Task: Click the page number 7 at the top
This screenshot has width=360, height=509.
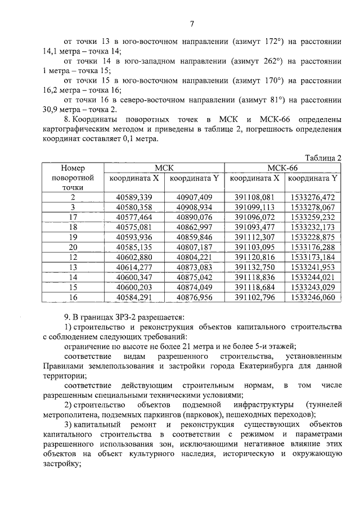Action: tap(191, 23)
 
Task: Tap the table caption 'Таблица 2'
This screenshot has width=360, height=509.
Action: tap(323, 157)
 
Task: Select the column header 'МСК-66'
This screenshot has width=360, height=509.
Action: tap(283, 168)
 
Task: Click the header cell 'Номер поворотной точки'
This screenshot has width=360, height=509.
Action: tap(73, 177)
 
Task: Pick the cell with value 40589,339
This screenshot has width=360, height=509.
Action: tap(134, 197)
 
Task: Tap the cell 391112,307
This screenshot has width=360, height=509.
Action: tap(254, 237)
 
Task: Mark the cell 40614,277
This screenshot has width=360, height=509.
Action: tap(134, 267)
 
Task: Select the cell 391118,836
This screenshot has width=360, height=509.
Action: tap(254, 277)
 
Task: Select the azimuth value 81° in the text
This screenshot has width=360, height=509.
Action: tap(272, 100)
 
